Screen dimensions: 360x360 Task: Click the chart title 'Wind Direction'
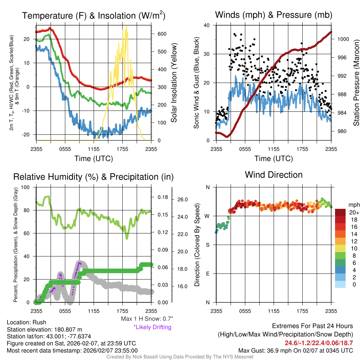click(274, 175)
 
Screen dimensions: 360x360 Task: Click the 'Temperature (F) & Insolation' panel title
click(94, 16)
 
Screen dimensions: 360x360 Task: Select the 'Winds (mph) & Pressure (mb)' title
click(274, 15)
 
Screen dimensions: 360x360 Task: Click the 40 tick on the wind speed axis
click(207, 25)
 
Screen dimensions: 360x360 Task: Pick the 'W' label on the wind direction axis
click(207, 216)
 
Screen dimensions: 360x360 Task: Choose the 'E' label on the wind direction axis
click(207, 274)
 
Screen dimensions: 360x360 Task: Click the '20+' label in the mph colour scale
click(353, 212)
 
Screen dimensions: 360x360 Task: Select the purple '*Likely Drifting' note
click(152, 327)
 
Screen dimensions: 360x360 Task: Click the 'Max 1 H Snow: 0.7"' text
click(147, 319)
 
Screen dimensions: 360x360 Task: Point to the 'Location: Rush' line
click(26, 322)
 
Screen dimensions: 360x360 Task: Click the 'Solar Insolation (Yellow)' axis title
click(174, 83)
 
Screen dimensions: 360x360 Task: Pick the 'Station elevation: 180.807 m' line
click(44, 329)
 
